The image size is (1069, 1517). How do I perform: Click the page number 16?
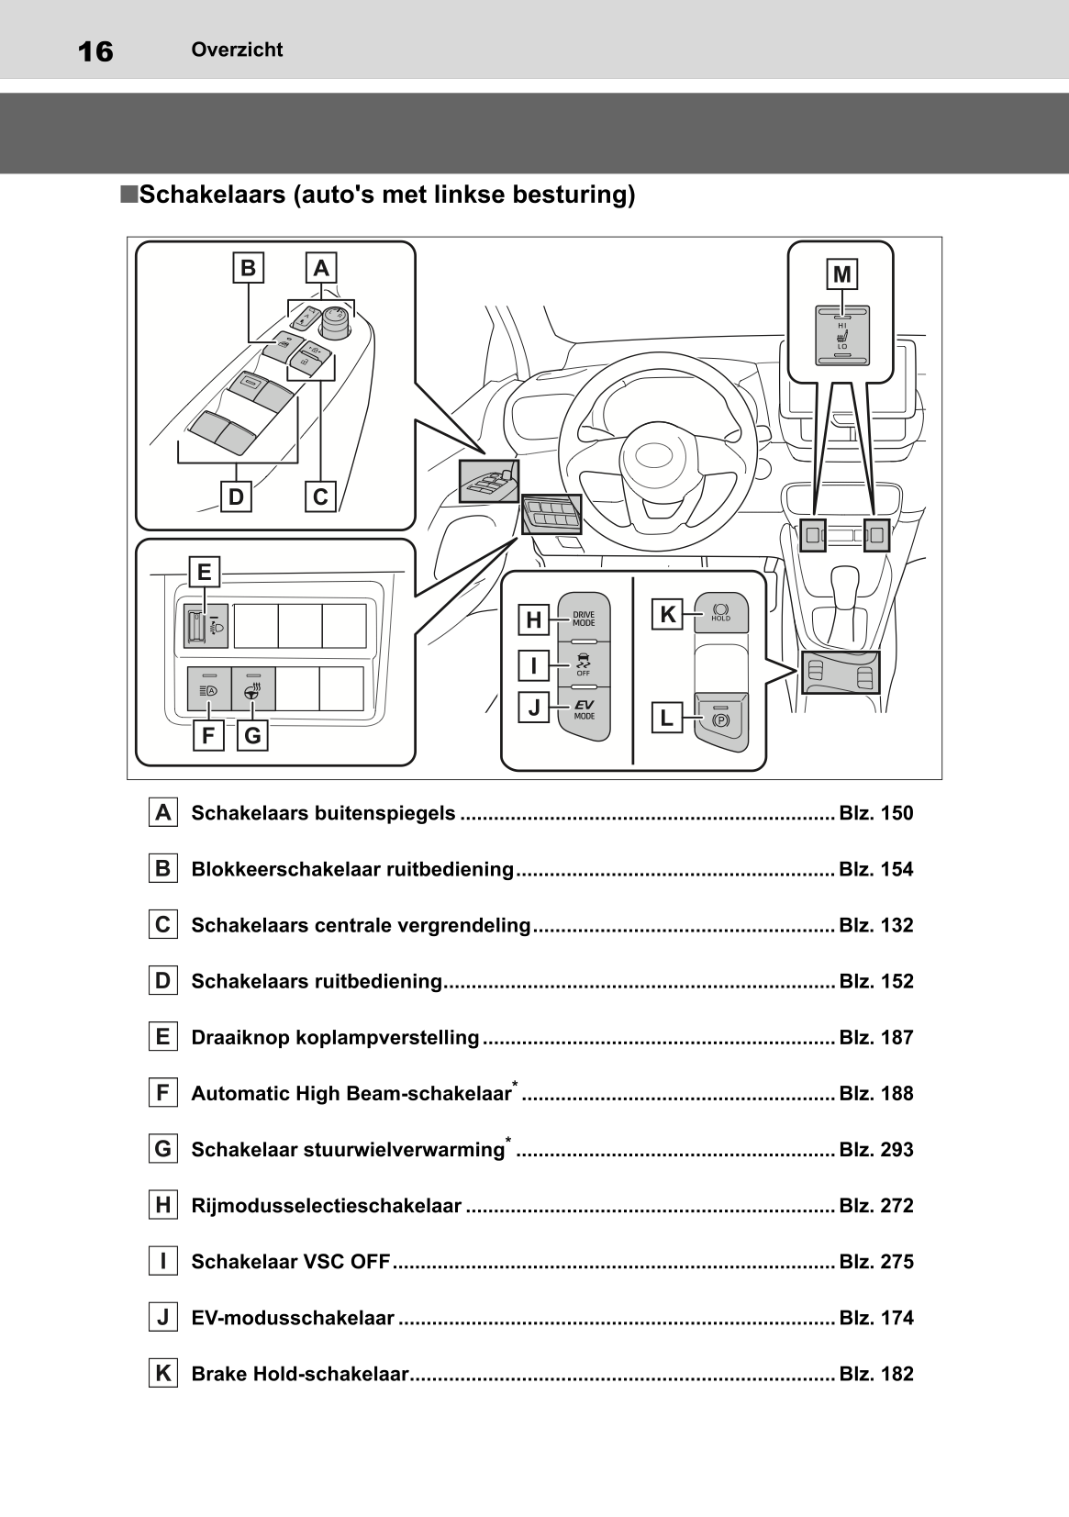coord(95,51)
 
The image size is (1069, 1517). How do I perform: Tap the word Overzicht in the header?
coord(237,50)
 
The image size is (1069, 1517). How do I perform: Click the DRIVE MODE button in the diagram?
coord(584,619)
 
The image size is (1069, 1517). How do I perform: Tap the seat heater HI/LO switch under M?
coord(842,336)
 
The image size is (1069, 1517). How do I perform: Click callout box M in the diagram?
coord(841,274)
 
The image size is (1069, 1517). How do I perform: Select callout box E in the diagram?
coord(204,572)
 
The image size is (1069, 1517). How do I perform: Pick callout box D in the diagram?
coord(236,496)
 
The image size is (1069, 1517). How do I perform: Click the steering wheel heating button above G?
coord(252,690)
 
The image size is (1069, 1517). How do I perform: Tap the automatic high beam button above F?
coord(208,690)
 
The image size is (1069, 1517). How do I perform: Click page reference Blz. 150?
coord(875,813)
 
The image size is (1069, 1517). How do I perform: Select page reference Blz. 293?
coord(875,1150)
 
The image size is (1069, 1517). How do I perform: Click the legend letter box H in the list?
coord(162,1205)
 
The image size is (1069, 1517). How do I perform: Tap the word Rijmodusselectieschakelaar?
coord(326,1206)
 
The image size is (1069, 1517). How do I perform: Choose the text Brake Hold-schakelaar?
coord(299,1374)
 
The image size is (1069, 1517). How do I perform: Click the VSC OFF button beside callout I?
coord(584,664)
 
